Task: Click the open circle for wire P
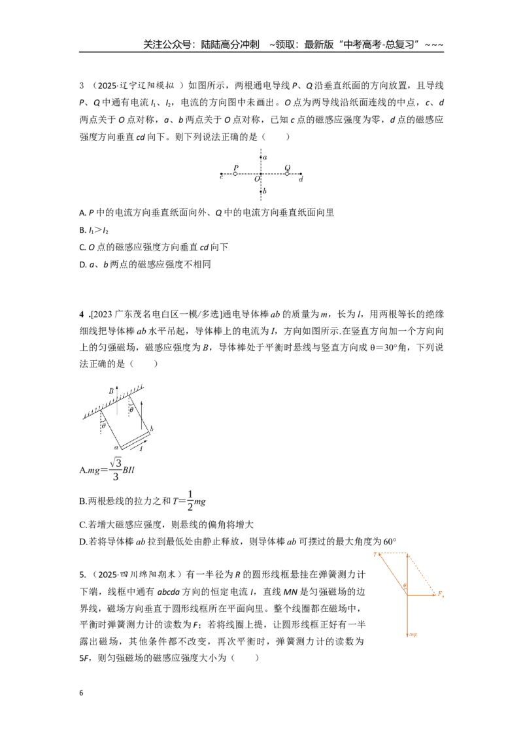click(235, 174)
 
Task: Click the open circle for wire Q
click(287, 174)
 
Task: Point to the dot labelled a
click(261, 157)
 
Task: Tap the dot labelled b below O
click(261, 191)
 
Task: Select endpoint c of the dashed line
click(222, 174)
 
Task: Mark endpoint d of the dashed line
click(301, 174)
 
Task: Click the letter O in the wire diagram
click(258, 179)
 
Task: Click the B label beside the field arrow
click(111, 391)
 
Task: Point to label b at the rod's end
click(152, 429)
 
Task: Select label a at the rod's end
click(116, 447)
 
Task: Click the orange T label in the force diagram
click(376, 554)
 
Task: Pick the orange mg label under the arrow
click(413, 634)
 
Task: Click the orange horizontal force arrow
click(421, 595)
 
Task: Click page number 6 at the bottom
click(81, 693)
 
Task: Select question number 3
click(82, 86)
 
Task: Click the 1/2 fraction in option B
click(190, 501)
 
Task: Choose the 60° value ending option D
click(389, 542)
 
